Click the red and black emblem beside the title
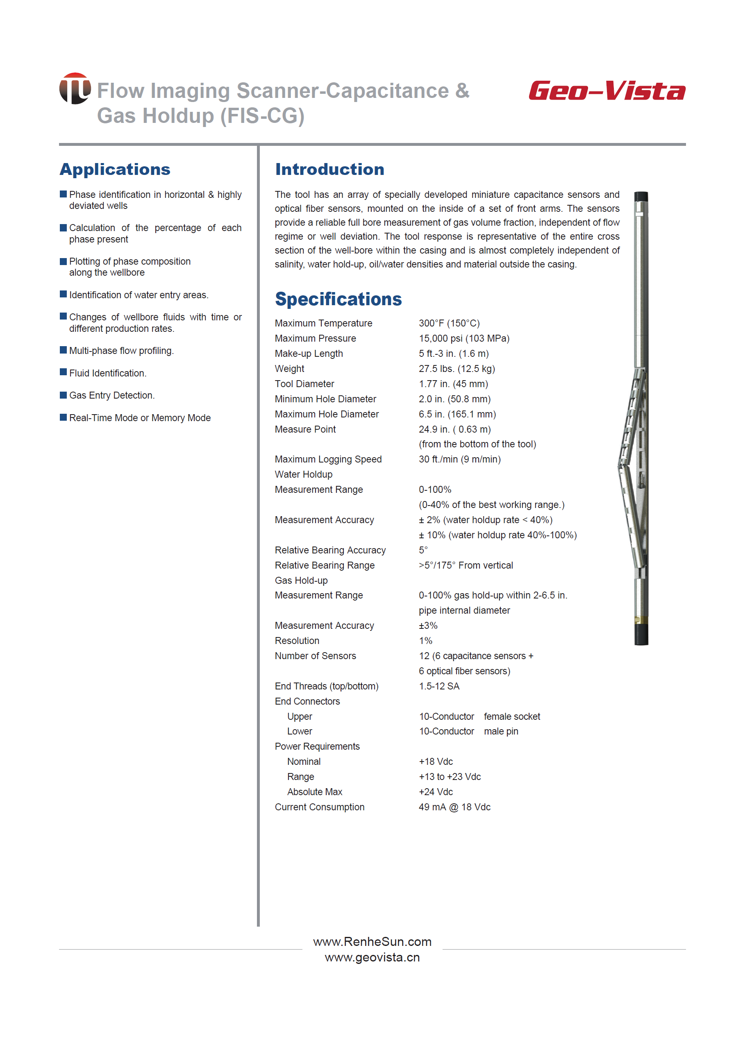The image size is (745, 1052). (75, 88)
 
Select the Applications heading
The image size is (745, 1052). (115, 169)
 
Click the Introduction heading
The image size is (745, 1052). (329, 169)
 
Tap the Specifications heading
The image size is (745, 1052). (338, 299)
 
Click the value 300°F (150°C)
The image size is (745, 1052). (449, 323)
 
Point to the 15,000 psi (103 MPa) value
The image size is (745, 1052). (464, 338)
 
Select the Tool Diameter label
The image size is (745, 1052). (304, 384)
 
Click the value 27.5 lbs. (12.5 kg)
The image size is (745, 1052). (457, 369)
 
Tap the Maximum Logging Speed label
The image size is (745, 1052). (328, 460)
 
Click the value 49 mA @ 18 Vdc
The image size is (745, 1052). (454, 807)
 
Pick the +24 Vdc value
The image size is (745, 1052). (435, 792)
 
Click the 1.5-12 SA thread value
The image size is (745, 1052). (438, 687)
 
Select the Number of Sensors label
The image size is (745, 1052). (315, 656)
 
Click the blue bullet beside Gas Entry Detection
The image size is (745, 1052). (63, 395)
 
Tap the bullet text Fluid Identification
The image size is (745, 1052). (108, 373)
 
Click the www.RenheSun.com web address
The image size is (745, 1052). (372, 942)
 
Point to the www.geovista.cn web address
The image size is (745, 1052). (372, 957)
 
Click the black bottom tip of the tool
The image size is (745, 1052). (641, 635)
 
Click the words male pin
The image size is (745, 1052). (500, 732)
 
